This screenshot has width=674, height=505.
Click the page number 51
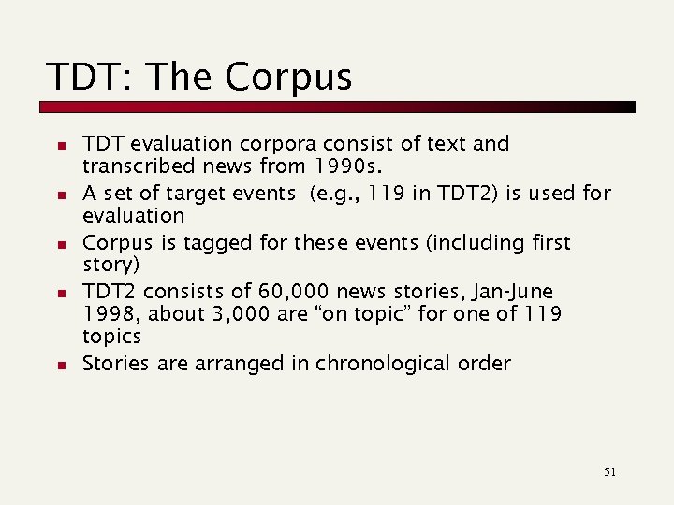(609, 472)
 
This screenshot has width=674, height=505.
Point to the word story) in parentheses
(110, 264)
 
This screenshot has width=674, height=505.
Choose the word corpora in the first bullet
(277, 144)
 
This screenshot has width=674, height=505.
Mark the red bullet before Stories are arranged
(59, 365)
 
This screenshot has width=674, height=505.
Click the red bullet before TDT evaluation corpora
(59, 146)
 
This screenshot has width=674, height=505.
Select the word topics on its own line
(111, 337)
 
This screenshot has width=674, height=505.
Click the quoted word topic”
(380, 313)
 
